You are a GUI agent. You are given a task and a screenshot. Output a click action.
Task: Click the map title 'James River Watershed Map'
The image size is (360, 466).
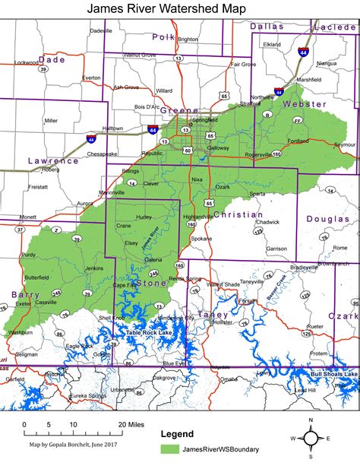[179, 8]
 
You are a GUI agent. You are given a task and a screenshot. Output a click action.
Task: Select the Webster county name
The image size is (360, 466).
[304, 103]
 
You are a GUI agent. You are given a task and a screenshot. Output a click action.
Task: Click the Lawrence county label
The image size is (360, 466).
[53, 161]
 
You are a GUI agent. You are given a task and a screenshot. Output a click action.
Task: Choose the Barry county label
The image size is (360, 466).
[25, 293]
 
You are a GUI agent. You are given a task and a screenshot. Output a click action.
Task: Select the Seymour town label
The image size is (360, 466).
[344, 144]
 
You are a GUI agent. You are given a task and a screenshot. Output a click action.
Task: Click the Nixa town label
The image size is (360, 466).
[197, 179]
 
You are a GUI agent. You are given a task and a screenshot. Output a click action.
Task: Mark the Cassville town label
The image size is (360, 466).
[46, 303]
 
